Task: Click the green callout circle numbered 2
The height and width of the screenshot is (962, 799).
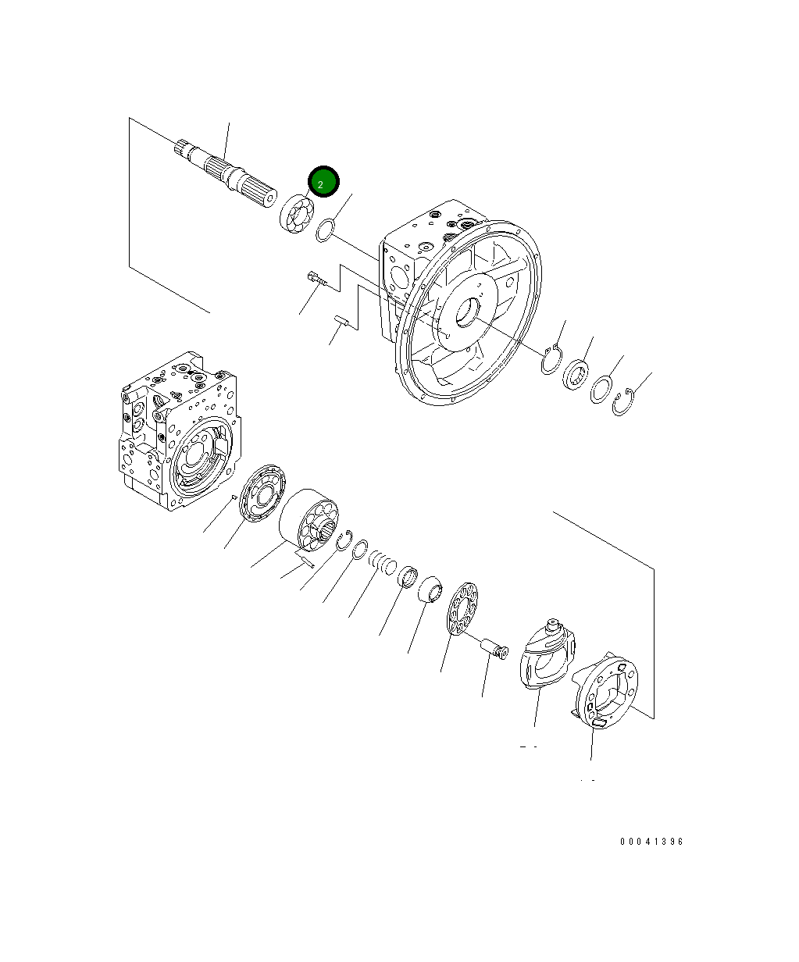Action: pos(323,183)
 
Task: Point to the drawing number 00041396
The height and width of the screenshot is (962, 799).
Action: pos(651,842)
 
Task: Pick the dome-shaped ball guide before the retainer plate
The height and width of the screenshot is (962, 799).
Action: pos(431,590)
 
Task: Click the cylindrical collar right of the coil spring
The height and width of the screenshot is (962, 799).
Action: pos(406,576)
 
